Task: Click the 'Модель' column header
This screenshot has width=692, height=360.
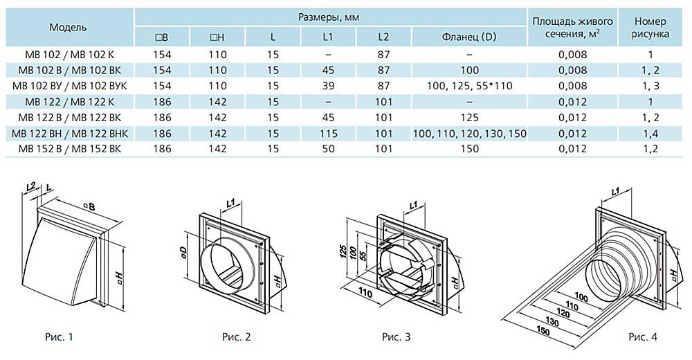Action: coord(68,27)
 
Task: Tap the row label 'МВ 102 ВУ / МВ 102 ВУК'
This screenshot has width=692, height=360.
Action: coord(69,85)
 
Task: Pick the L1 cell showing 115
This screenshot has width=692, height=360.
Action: coord(328,133)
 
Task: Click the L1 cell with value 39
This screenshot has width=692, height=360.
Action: coord(328,85)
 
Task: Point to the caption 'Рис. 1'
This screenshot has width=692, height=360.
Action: coord(58,338)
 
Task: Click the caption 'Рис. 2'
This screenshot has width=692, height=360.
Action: coord(237,338)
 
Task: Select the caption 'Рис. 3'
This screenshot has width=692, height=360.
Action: coord(396,338)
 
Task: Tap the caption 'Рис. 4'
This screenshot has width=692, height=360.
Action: coord(643,337)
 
